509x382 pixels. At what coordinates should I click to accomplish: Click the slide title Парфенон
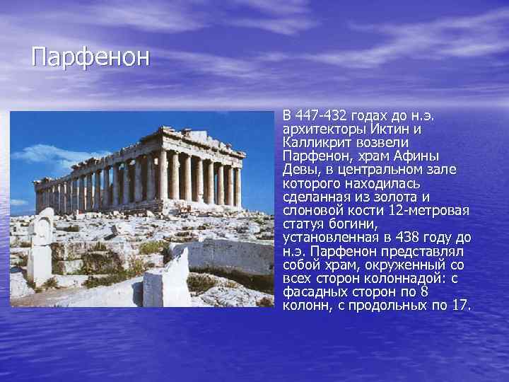tap(90, 57)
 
